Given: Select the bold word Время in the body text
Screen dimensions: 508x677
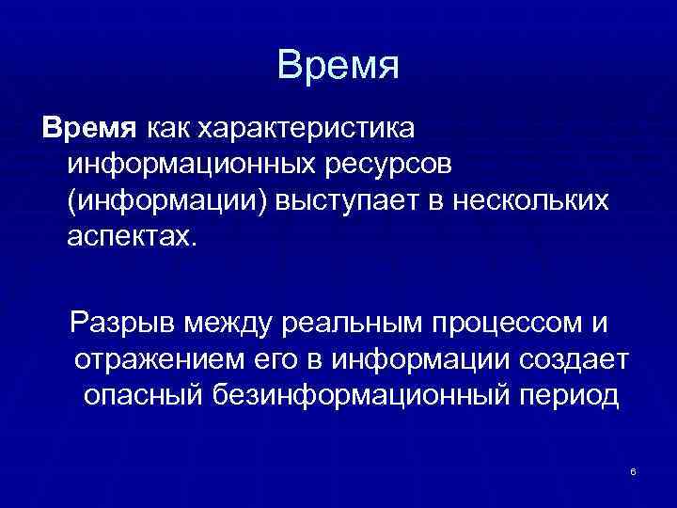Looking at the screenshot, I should coord(87,126).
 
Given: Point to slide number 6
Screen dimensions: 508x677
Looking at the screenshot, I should coord(634,470).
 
